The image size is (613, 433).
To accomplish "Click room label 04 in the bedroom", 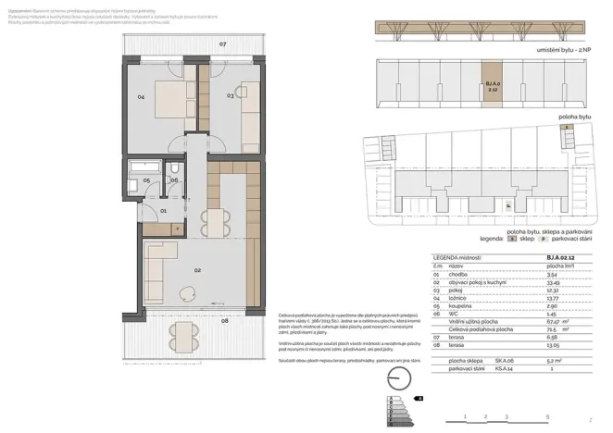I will click(x=141, y=96).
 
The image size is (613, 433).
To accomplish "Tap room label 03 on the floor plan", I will click(x=230, y=95).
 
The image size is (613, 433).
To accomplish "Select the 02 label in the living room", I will click(x=197, y=270).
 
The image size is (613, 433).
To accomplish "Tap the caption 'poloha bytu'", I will click(x=575, y=118).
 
